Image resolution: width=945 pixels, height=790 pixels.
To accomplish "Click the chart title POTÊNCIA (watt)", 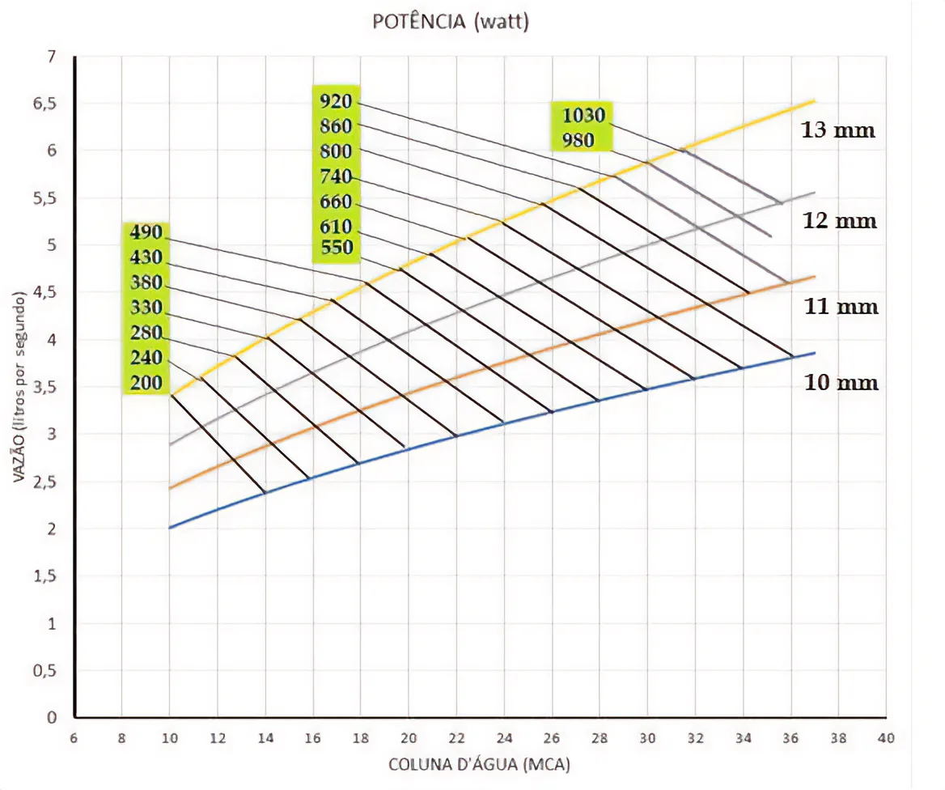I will [x=451, y=22].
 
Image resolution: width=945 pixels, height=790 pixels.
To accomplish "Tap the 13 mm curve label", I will [x=838, y=130].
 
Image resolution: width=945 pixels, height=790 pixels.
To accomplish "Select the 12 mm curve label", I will [x=839, y=220].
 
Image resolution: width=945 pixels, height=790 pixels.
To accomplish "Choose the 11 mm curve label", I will [x=841, y=307].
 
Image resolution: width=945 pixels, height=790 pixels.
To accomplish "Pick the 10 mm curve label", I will [x=841, y=382].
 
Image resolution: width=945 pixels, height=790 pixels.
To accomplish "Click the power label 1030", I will [x=584, y=115].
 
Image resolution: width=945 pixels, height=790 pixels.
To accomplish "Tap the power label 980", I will [x=578, y=141].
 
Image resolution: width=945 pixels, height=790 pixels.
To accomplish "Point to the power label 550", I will [x=336, y=248].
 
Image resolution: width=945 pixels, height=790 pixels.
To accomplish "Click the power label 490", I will [x=146, y=233].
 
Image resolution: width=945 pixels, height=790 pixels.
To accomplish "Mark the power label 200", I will [x=146, y=383].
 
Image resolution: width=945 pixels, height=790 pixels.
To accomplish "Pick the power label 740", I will [x=336, y=177].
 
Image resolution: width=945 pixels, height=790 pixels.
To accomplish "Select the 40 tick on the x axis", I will [x=886, y=737].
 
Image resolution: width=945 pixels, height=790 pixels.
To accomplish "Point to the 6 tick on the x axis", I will [x=74, y=737].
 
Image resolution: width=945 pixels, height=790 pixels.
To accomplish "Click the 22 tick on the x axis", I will [x=456, y=737].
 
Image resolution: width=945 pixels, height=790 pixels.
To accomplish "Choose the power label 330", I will [x=146, y=308].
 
